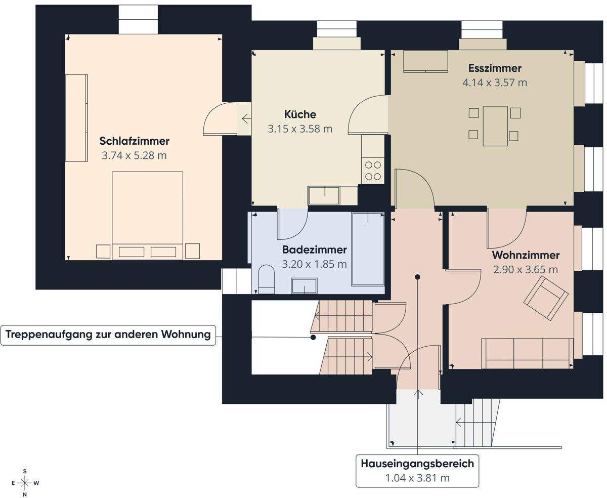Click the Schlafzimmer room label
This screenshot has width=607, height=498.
click(x=134, y=141)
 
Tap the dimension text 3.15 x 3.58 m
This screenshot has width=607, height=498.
click(x=300, y=129)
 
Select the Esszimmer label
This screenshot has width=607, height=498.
click(x=494, y=68)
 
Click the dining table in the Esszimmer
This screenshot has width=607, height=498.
click(x=495, y=126)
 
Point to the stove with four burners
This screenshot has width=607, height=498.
click(x=373, y=171)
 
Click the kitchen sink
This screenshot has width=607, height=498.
click(x=324, y=195)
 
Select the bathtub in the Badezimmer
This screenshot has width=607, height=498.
click(x=368, y=248)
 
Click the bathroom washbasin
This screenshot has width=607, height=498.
click(x=304, y=286)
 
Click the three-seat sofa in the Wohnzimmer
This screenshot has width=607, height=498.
click(x=528, y=353)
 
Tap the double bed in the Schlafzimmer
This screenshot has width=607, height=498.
click(x=147, y=215)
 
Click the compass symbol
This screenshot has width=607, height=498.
click(x=25, y=482)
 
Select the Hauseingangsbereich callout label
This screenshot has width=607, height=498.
click(x=417, y=470)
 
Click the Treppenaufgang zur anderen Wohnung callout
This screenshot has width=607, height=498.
click(x=108, y=335)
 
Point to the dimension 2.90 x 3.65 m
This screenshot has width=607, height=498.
click(x=526, y=269)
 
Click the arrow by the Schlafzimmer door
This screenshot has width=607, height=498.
click(x=246, y=119)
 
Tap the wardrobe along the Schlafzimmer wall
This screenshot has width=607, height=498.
click(x=76, y=118)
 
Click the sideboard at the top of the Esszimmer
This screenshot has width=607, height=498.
click(x=425, y=61)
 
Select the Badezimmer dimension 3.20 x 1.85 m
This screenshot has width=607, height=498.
click(x=314, y=264)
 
